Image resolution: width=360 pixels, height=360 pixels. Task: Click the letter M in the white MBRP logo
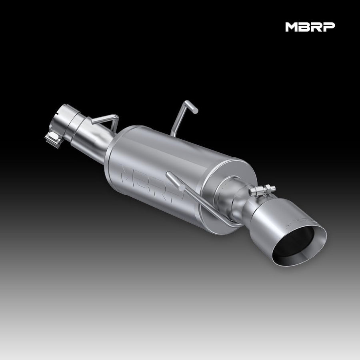click(x=292, y=27)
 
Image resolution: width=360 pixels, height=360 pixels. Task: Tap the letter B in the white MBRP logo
click(x=305, y=27)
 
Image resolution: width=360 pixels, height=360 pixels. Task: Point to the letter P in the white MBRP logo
click(x=329, y=27)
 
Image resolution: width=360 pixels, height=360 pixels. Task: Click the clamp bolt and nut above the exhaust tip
click(x=262, y=190)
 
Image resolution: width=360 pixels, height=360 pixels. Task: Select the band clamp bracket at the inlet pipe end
click(x=52, y=138)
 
